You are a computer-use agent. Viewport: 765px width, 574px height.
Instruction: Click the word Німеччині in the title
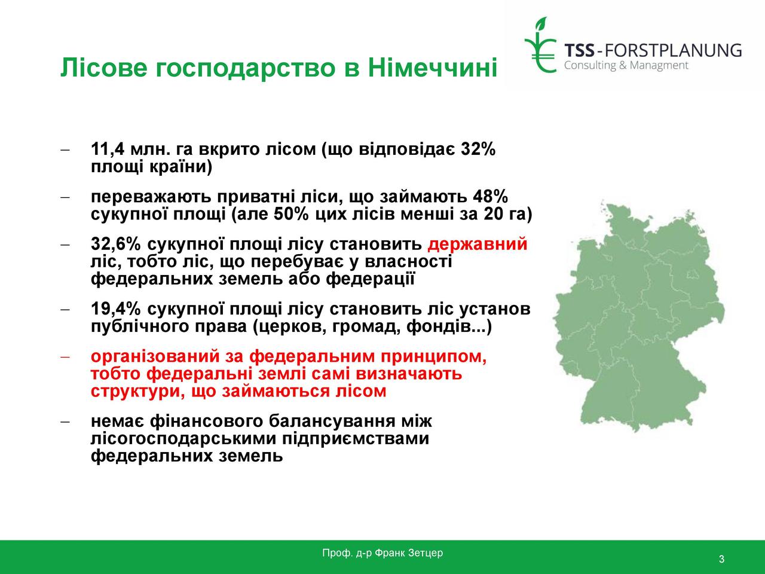pos(432,67)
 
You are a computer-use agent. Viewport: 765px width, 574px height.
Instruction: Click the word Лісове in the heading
pos(104,67)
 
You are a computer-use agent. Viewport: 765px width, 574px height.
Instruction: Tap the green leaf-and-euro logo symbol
pos(540,45)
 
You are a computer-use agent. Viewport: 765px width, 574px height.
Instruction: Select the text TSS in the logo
pos(579,51)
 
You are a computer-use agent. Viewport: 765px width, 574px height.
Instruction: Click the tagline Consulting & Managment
pos(626,66)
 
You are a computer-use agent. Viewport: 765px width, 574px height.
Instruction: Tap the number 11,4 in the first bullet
pos(108,149)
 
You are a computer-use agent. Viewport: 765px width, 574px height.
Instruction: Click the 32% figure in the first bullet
pos(478,149)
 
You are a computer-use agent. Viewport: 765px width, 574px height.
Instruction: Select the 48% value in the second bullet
pos(490,197)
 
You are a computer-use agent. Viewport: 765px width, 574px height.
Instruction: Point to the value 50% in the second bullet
pos(291,214)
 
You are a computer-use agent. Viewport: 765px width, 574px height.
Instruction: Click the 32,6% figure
pos(116,244)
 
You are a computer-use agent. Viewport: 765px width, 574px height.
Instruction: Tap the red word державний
pos(478,244)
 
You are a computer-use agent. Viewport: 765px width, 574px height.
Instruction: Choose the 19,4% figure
pos(116,309)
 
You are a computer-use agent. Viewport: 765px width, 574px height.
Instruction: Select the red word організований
pos(155,356)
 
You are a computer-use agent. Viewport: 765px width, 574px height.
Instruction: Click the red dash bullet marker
pos(65,357)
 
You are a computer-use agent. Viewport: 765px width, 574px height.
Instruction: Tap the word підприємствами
pos(356,439)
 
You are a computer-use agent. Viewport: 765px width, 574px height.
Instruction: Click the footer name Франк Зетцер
pos(409,553)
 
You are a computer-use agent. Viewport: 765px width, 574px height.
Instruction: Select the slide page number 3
pos(721,559)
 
